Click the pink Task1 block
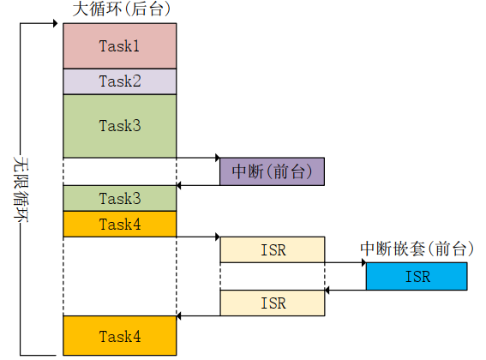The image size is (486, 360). coord(120,45)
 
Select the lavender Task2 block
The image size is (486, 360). coord(120,81)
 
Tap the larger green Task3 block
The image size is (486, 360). coord(120,125)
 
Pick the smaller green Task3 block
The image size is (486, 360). coord(120,198)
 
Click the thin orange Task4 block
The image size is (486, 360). coord(120,224)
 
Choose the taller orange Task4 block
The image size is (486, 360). coord(120,335)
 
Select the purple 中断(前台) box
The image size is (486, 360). coord(272,171)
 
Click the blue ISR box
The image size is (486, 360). coord(417,277)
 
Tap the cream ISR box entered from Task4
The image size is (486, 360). coord(272,250)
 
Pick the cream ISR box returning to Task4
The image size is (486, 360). coord(272,303)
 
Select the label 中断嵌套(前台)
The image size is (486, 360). coord(416,249)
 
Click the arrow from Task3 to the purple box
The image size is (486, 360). coord(198,158)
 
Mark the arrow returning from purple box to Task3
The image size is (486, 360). coord(198,185)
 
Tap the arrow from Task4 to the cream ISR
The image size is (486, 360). coord(198,237)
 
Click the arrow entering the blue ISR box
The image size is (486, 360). coord(345,263)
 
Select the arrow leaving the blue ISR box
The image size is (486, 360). coord(345,290)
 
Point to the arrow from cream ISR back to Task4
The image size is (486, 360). coord(198,316)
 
